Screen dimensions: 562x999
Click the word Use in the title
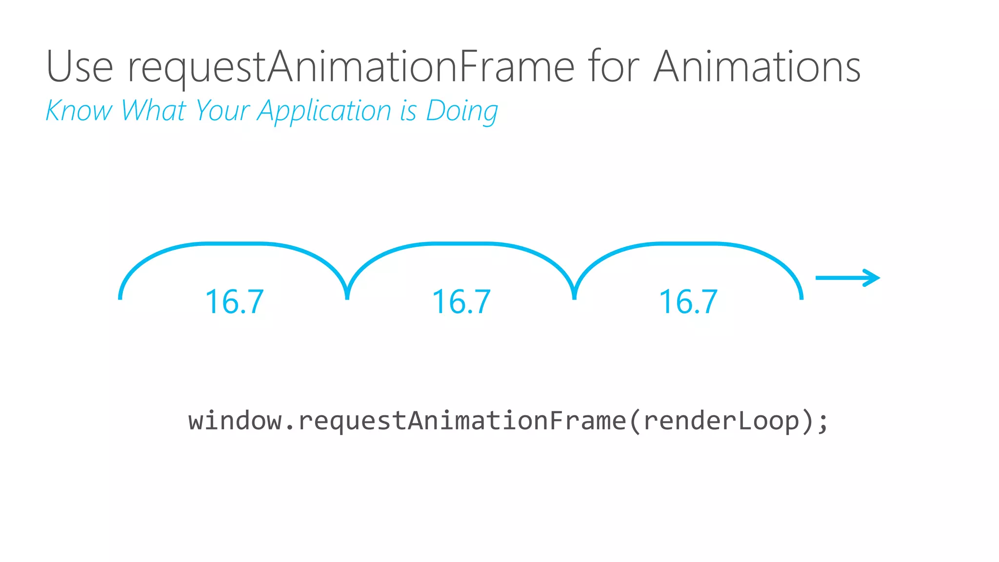pos(80,67)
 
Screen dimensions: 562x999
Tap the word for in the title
pos(613,67)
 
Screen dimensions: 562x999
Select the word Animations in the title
pos(757,67)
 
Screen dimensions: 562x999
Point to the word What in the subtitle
pos(154,110)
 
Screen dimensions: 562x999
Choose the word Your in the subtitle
pos(222,110)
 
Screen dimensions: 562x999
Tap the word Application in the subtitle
pos(324,111)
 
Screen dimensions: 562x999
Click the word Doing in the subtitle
pos(461,111)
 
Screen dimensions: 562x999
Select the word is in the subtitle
pos(408,110)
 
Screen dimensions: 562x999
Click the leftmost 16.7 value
pos(234,301)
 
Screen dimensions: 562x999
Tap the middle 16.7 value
pos(461,301)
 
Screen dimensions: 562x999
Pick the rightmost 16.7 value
pos(688,301)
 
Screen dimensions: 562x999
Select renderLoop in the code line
pos(721,421)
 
